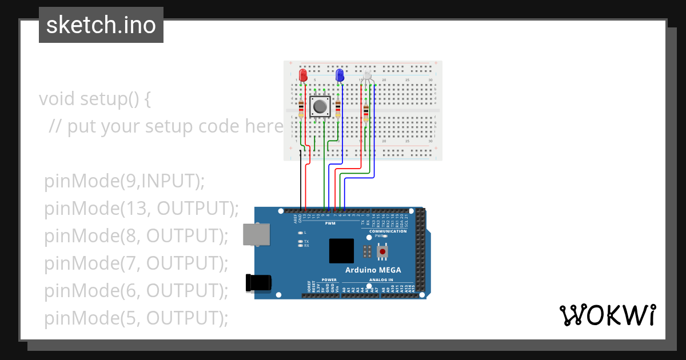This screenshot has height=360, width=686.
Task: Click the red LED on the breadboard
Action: pos(304,75)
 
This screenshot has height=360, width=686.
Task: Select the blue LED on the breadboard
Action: pos(340,75)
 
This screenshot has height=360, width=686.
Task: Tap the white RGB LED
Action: pos(368,75)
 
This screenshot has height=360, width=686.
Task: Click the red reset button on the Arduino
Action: pos(382,251)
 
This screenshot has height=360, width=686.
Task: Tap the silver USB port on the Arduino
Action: pos(256,235)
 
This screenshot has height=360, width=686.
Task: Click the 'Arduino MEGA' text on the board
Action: pos(373,270)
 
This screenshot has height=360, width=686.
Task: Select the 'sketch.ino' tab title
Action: pos(101,25)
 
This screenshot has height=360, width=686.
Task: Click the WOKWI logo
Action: pos(607,315)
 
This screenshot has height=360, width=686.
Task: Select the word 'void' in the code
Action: pos(57,99)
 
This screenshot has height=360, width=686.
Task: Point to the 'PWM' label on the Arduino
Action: pos(330,223)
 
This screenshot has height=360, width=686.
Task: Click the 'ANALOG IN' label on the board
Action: pos(381,280)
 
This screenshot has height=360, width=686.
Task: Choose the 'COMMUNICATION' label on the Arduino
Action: pos(388,231)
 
